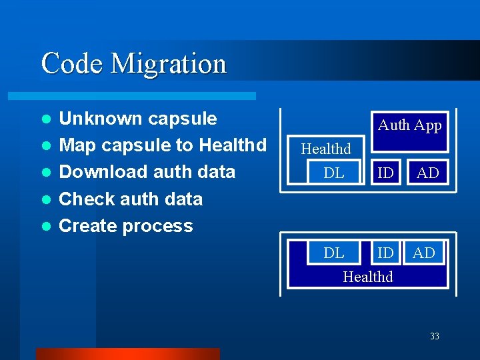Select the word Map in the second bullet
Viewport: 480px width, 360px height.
(x=77, y=145)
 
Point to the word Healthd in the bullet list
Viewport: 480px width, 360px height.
(x=233, y=145)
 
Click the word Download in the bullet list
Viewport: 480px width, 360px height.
(x=97, y=172)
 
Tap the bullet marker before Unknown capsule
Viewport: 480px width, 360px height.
(x=45, y=119)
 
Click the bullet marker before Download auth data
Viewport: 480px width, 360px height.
(x=45, y=173)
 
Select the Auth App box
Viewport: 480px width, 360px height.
(x=409, y=125)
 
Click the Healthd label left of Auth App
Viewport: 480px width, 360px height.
(x=326, y=149)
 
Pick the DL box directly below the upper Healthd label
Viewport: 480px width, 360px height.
(x=333, y=173)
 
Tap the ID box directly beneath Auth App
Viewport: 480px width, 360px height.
(x=385, y=173)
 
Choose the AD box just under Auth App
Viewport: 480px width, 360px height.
(x=427, y=173)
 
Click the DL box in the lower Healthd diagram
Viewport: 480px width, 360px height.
(x=333, y=253)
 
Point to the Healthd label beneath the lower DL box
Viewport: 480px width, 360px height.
(x=368, y=277)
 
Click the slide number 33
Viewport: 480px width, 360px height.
(x=434, y=337)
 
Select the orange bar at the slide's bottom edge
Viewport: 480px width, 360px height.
(x=127, y=353)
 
